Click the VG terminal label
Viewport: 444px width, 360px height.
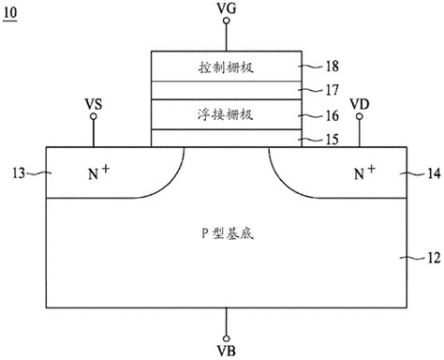226,8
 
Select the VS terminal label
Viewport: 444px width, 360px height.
94,104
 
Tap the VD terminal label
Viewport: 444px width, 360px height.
359,102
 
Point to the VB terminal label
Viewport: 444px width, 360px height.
226,351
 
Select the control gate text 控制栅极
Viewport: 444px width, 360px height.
226,67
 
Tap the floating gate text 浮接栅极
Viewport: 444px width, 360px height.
226,114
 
